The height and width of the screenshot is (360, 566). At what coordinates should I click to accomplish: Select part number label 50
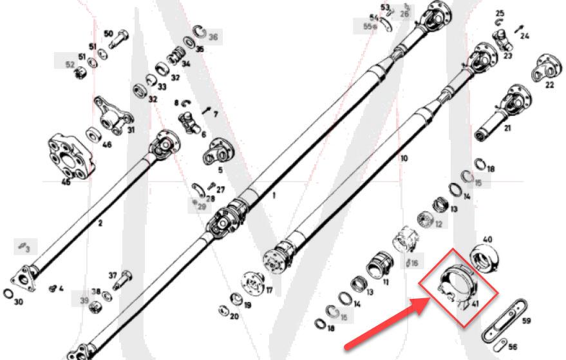[x=108, y=33]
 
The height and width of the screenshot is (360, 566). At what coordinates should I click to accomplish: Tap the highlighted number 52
[x=70, y=64]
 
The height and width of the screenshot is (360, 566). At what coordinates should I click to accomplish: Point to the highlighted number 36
[x=212, y=37]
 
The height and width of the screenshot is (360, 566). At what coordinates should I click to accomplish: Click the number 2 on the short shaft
[x=100, y=224]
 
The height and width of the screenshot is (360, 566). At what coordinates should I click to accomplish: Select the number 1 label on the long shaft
[x=273, y=194]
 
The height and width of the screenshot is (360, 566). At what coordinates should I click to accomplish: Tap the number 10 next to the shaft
[x=404, y=158]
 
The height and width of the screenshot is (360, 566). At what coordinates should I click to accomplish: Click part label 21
[x=507, y=129]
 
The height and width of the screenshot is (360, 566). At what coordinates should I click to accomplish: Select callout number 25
[x=500, y=13]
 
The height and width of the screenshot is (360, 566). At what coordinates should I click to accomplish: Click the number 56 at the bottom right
[x=513, y=346]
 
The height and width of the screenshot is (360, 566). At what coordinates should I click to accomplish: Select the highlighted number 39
[x=84, y=301]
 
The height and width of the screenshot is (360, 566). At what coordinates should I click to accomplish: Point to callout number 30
[x=18, y=302]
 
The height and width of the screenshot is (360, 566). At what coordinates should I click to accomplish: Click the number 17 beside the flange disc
[x=269, y=290]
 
